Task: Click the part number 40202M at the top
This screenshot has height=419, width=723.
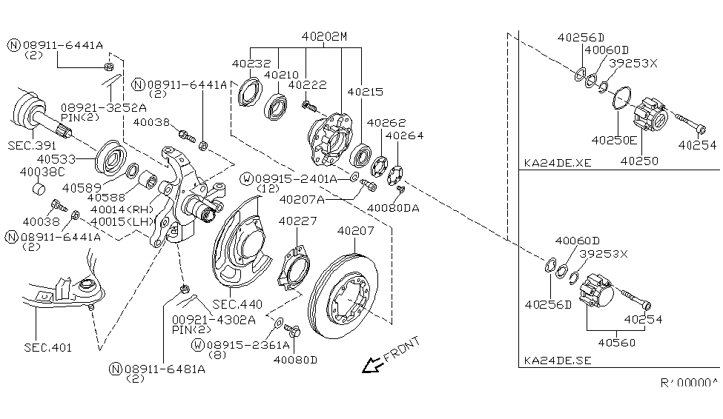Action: pos(324,36)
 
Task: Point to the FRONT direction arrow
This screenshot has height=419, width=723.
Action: pos(372,365)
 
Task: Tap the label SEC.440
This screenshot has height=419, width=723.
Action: pos(237,304)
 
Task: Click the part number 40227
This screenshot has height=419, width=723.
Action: pos(297,221)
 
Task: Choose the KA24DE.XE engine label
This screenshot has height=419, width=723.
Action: pos(558,163)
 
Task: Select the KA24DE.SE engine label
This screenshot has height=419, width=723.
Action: pos(558,361)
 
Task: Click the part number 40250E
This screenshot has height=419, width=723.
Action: pos(614,140)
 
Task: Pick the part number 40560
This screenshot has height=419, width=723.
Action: pos(616,343)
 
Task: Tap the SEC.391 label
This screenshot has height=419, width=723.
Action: pos(32,146)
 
